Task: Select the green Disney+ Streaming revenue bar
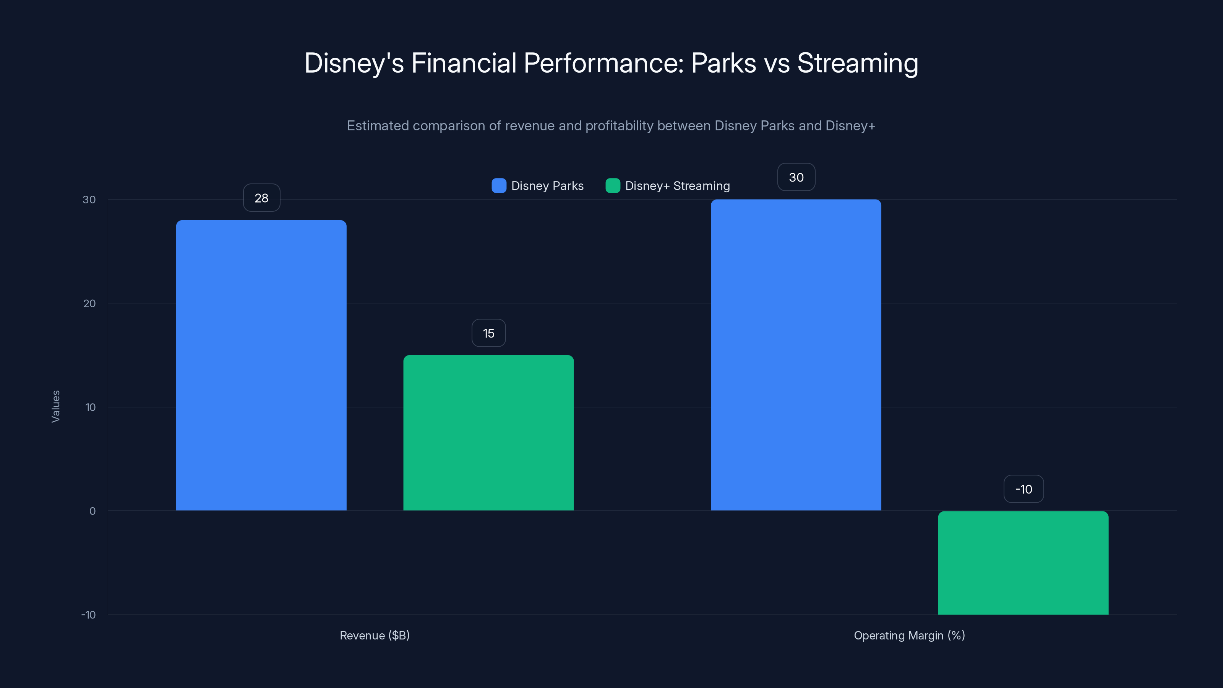(488, 433)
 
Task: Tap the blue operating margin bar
(796, 355)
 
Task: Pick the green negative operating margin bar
(1023, 563)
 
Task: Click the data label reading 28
(261, 198)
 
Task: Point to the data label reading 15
(488, 333)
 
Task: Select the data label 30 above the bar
(796, 178)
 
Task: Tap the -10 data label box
(1023, 489)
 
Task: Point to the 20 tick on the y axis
(89, 303)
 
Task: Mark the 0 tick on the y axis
(92, 511)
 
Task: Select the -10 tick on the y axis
(88, 615)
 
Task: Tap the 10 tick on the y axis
(90, 407)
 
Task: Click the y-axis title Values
(55, 406)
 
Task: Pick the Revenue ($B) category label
(375, 635)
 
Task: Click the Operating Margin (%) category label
(909, 635)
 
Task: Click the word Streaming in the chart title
(857, 63)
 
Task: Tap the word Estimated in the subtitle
(378, 126)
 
